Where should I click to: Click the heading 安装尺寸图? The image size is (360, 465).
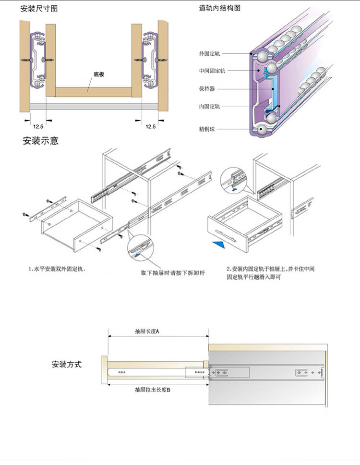(x=39, y=9)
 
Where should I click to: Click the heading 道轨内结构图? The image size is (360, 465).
(x=220, y=9)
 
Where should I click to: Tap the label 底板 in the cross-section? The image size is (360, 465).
(x=99, y=74)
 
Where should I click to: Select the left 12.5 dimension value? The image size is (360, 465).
(x=38, y=126)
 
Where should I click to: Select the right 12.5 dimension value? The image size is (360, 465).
(x=150, y=126)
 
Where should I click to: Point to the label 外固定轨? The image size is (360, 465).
(x=209, y=54)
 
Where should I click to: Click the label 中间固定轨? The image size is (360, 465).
(x=212, y=71)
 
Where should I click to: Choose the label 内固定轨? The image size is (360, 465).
(x=209, y=107)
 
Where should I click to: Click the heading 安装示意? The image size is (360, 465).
(x=41, y=141)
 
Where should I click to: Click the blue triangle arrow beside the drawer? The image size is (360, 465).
(x=219, y=245)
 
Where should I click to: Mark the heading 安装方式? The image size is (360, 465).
(x=67, y=365)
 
